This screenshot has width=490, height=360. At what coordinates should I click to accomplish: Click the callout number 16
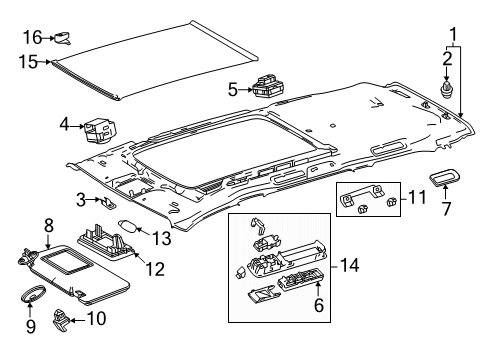32,37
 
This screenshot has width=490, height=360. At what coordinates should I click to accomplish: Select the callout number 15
28,62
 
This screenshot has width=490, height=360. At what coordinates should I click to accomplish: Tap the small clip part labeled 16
63,38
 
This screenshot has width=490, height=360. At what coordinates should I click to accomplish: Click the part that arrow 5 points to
268,87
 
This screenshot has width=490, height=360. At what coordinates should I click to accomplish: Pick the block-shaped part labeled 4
100,129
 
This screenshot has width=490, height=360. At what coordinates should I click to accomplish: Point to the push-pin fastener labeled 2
446,90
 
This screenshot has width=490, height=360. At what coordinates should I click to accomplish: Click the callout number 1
453,34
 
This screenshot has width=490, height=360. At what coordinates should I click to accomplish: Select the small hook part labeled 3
108,202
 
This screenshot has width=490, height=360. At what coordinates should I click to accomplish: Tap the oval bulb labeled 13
128,227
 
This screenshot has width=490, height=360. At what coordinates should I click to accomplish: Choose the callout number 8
49,226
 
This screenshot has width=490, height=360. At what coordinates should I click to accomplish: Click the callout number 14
349,265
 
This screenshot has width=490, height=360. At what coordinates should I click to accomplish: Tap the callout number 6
319,305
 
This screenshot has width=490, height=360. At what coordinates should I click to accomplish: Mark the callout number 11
417,197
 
